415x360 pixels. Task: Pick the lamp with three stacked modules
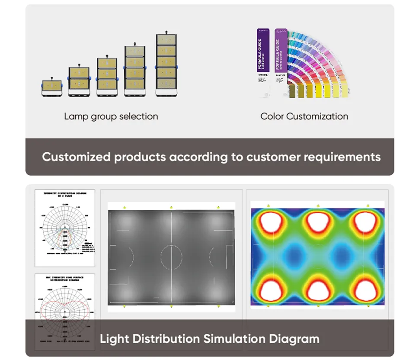click(107, 74)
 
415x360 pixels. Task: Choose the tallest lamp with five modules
click(166, 63)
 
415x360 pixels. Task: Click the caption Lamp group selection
click(111, 116)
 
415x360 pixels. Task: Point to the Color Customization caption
click(304, 116)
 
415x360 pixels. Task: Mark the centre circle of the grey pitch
click(171, 257)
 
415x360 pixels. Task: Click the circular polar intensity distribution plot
click(65, 228)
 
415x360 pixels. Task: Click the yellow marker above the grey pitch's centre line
click(171, 207)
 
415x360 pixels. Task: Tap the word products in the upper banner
click(140, 156)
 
